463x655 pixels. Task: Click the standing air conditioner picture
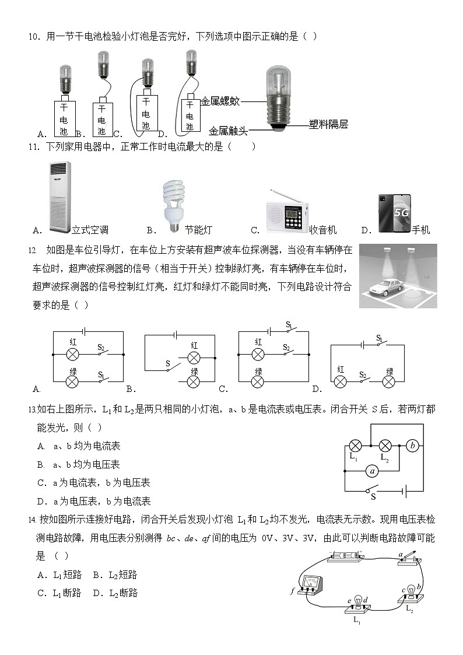pos(60,197)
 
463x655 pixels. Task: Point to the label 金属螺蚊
pos(220,101)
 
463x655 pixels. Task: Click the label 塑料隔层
pos(328,124)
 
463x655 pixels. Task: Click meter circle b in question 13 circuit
pos(412,446)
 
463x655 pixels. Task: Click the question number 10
pos(33,37)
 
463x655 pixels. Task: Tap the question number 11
pos(33,147)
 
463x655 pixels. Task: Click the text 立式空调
pos(90,230)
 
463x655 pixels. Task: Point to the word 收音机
pos(323,230)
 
